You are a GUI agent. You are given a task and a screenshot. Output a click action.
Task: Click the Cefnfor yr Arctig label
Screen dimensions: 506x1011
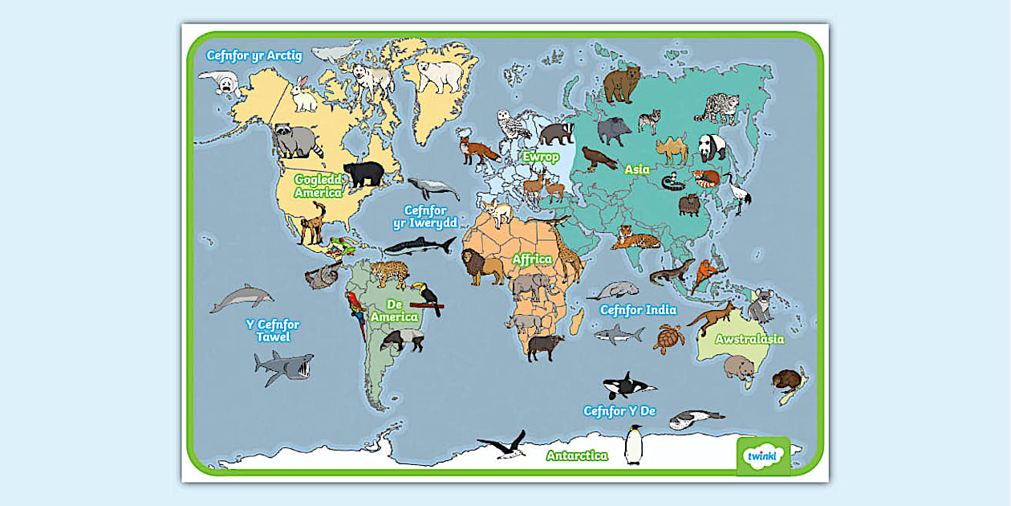(x=254, y=55)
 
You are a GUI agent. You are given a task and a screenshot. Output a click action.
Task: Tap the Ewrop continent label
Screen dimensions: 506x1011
(x=541, y=157)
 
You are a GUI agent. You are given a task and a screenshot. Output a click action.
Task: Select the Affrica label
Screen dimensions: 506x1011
(x=533, y=259)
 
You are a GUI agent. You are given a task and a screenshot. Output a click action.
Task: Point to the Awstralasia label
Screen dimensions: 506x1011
(x=749, y=339)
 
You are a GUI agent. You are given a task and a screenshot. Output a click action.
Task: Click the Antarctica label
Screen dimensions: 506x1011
(x=577, y=455)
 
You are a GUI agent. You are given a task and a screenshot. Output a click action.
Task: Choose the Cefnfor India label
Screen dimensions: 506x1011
(x=638, y=310)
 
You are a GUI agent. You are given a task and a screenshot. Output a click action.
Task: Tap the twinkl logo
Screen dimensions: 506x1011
(x=762, y=456)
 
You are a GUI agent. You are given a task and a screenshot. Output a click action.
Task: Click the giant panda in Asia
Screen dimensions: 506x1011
(x=711, y=147)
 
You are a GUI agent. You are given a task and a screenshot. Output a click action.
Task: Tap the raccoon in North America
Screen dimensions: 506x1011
(x=295, y=141)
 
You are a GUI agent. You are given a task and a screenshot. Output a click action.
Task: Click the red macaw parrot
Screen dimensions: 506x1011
(x=355, y=313)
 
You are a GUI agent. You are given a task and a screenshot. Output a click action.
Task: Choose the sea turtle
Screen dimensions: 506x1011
(x=668, y=338)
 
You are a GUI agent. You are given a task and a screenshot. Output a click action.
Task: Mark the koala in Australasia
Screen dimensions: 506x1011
(x=759, y=306)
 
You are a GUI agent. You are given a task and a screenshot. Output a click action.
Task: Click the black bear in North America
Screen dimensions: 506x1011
(x=363, y=173)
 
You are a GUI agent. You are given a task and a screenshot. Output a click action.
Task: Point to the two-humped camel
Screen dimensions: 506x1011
(x=672, y=149)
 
